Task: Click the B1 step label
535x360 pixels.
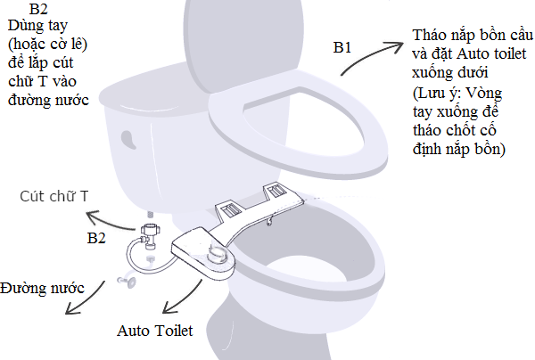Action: pos(342,47)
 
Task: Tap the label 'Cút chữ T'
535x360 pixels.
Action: pos(53,196)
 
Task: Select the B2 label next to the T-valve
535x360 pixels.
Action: pos(96,238)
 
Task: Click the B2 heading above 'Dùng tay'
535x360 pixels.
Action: pos(38,9)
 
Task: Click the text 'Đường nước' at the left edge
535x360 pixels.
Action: pos(42,289)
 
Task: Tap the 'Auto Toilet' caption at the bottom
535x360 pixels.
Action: pos(155,331)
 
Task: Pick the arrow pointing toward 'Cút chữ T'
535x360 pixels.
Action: pos(109,221)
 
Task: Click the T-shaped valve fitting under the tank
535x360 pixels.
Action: pos(150,235)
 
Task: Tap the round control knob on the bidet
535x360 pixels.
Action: pos(218,254)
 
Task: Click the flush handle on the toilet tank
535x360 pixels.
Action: pos(128,139)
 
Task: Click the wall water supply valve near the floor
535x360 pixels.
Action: pos(127,280)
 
